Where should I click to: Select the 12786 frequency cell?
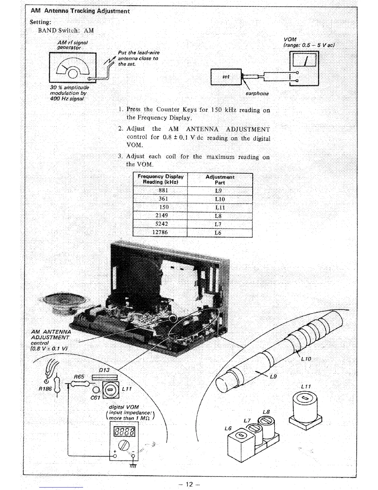(160, 232)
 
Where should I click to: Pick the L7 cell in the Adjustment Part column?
(218, 224)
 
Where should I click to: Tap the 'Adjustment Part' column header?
(220, 180)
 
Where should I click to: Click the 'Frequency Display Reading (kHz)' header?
(160, 179)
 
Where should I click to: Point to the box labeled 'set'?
(226, 76)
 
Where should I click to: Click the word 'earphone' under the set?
(257, 93)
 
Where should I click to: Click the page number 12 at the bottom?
(189, 484)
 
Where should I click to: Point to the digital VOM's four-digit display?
(125, 432)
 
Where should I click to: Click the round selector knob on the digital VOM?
(125, 446)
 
